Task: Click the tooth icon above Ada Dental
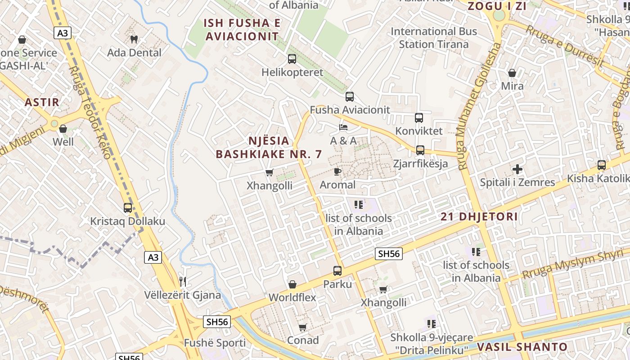click(133, 40)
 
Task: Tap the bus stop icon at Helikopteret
click(292, 59)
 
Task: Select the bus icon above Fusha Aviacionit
click(350, 97)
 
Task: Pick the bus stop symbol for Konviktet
click(419, 118)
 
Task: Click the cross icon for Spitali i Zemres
click(517, 169)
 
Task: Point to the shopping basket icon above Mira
click(512, 73)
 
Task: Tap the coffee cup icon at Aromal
click(337, 171)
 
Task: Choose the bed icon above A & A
click(343, 127)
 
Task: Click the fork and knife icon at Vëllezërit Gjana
click(183, 282)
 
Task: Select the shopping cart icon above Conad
click(303, 327)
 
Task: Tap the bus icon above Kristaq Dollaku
click(128, 208)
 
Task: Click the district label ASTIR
click(42, 102)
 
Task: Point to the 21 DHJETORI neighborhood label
click(479, 216)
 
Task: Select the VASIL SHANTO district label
click(522, 347)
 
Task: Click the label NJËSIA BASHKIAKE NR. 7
click(269, 148)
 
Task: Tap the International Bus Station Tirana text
click(434, 38)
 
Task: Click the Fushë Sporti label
click(215, 343)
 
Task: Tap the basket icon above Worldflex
click(292, 284)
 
